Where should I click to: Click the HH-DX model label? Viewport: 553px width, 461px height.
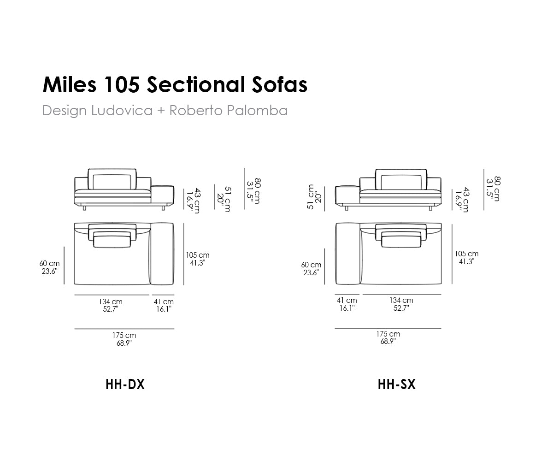(125, 384)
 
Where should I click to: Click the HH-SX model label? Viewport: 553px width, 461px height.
(396, 384)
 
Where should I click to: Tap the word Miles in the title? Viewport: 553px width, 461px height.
(70, 84)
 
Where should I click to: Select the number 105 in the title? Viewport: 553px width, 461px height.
(122, 85)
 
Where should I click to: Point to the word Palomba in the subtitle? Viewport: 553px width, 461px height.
(258, 110)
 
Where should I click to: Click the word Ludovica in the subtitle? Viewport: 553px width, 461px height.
(122, 110)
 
